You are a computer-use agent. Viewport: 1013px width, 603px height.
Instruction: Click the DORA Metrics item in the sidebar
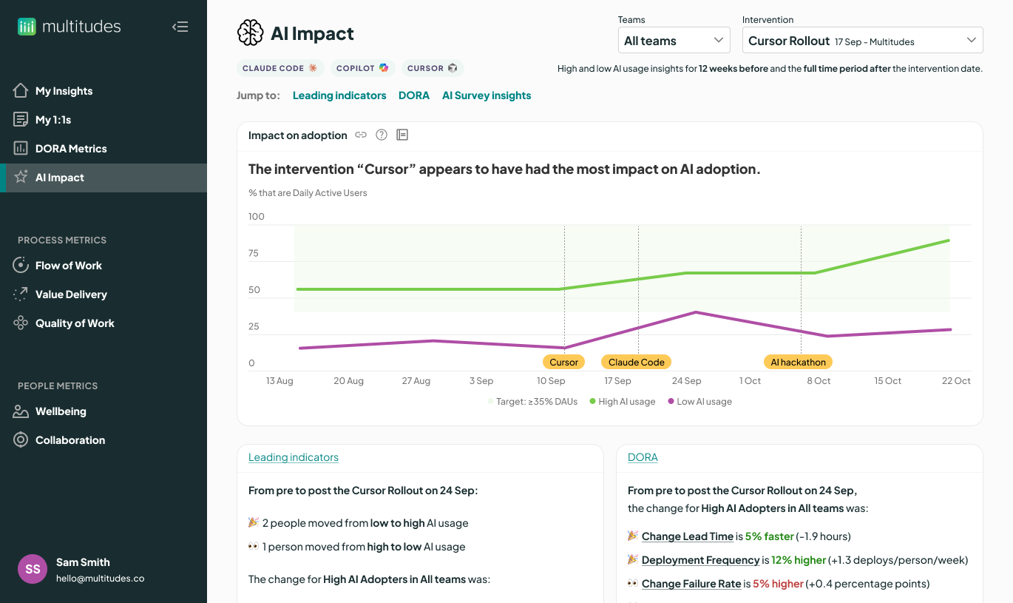coord(71,149)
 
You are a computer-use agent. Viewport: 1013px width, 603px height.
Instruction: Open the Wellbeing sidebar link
coord(61,411)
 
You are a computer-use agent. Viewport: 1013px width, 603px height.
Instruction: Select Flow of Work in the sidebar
coord(68,266)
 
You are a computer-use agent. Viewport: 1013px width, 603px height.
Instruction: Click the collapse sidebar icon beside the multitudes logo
coord(180,27)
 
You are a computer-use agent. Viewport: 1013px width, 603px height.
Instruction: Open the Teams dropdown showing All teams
coord(674,41)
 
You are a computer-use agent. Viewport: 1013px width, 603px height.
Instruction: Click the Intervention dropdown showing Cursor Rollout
coord(861,41)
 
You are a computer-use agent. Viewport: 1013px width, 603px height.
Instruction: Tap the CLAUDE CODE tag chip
coord(279,68)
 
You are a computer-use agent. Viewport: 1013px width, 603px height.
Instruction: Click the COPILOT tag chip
coord(362,68)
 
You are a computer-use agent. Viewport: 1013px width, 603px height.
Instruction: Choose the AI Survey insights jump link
coord(487,95)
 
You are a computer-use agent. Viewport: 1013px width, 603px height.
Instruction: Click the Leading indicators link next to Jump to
coord(339,95)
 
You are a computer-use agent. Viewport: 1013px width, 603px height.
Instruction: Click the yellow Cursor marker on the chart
coord(563,363)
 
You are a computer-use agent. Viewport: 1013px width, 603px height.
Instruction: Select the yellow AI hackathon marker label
coord(798,363)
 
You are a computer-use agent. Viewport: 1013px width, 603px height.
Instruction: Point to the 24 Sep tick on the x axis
coord(686,381)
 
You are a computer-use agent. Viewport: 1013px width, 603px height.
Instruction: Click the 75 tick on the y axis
coord(254,254)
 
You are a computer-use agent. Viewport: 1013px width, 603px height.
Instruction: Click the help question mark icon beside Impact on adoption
coord(382,135)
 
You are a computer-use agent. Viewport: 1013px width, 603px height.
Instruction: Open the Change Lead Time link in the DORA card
coord(687,536)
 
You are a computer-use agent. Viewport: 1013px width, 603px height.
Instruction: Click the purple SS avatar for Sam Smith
coord(33,569)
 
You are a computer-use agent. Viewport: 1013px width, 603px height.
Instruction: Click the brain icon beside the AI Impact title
coord(251,33)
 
